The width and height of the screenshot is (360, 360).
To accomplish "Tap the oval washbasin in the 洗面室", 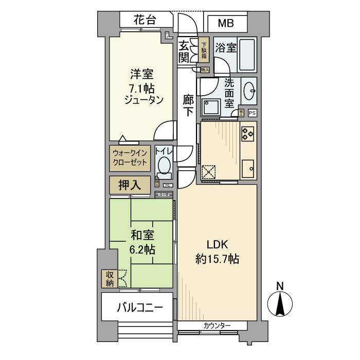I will click(x=249, y=92).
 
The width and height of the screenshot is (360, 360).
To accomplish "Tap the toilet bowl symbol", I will click(x=164, y=166).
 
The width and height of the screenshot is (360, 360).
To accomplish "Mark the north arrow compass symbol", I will click(x=280, y=303).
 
